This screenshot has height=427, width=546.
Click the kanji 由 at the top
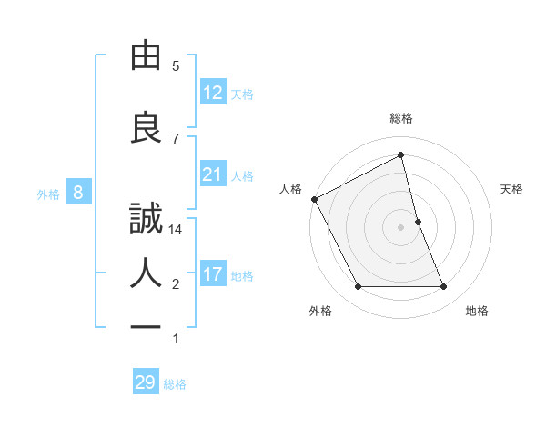pyautogui.click(x=146, y=56)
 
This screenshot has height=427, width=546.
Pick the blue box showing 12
pyautogui.click(x=213, y=93)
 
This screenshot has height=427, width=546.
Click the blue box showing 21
pyautogui.click(x=213, y=174)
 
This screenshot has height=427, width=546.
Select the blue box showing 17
pyautogui.click(x=213, y=274)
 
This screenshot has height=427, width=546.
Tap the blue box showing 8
pyautogui.click(x=79, y=193)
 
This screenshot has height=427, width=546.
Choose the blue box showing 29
pyautogui.click(x=146, y=382)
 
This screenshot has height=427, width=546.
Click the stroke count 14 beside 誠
pyautogui.click(x=176, y=230)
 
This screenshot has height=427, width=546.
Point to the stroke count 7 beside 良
pyautogui.click(x=176, y=138)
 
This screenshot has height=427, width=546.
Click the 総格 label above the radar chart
pyautogui.click(x=400, y=118)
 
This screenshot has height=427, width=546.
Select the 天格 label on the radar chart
pyautogui.click(x=512, y=189)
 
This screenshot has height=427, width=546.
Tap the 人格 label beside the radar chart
pyautogui.click(x=290, y=189)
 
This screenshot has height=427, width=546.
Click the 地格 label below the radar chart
pyautogui.click(x=477, y=312)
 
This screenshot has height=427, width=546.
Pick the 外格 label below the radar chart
pyautogui.click(x=320, y=312)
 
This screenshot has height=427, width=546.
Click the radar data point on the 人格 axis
pyautogui.click(x=314, y=199)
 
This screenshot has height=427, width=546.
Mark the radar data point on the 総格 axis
pyautogui.click(x=400, y=155)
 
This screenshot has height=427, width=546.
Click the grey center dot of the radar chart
pyautogui.click(x=400, y=226)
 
